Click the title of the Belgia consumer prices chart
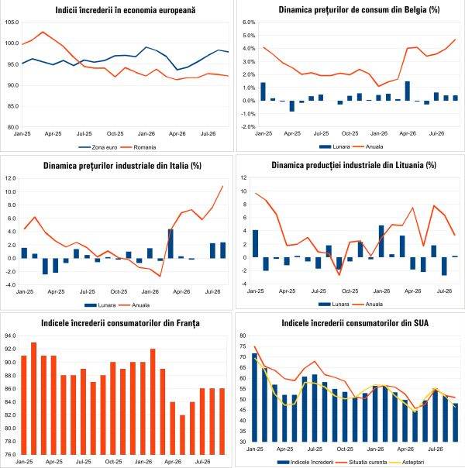(x=359, y=9)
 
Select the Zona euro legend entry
(x=98, y=147)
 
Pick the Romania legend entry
(x=139, y=147)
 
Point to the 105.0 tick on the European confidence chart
(x=12, y=22)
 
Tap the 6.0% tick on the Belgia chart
(x=249, y=22)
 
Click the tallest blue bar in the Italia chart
(x=170, y=243)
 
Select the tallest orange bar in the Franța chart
(x=34, y=398)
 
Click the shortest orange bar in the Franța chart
(x=182, y=435)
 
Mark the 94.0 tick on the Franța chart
(x=10, y=336)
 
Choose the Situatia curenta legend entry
(x=363, y=462)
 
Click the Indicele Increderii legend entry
(x=305, y=462)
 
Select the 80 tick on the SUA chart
(x=243, y=336)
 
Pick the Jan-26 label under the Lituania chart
(x=381, y=291)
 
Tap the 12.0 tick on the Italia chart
(x=10, y=178)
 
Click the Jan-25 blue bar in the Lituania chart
(x=256, y=243)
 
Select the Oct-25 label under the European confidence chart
(x=115, y=134)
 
